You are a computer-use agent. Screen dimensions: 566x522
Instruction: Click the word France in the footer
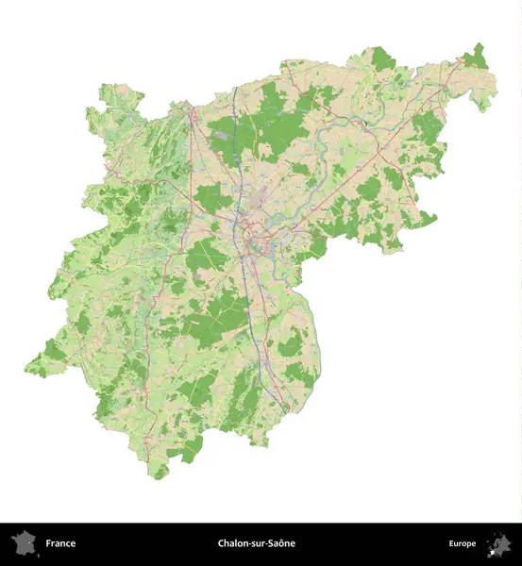60,543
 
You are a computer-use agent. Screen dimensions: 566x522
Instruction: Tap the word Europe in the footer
463,543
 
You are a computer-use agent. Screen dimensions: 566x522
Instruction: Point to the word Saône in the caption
281,543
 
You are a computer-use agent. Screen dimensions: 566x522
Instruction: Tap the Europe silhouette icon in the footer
499,544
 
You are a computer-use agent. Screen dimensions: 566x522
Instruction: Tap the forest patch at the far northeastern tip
478,58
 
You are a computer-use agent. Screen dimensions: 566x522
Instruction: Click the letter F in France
48,543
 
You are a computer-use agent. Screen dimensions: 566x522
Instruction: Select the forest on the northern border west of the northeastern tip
382,58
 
